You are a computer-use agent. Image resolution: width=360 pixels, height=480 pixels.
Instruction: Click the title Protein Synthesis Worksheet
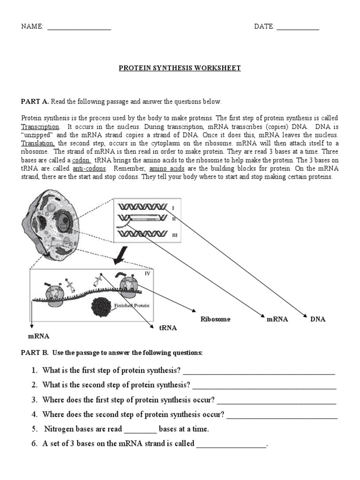[x=180, y=68]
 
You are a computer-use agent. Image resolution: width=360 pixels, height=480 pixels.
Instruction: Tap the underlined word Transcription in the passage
[x=40, y=127]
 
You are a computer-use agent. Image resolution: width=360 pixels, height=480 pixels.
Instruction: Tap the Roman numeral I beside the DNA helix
[x=173, y=207]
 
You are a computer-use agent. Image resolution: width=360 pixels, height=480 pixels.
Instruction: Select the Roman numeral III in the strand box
[x=174, y=235]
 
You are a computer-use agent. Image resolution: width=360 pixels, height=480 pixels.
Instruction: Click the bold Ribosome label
[x=216, y=319]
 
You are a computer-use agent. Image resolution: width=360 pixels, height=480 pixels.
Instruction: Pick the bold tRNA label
[x=167, y=328]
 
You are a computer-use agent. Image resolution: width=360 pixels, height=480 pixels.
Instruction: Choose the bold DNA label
[x=317, y=319]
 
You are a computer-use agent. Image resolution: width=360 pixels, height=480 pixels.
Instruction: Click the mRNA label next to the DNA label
[x=277, y=319]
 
